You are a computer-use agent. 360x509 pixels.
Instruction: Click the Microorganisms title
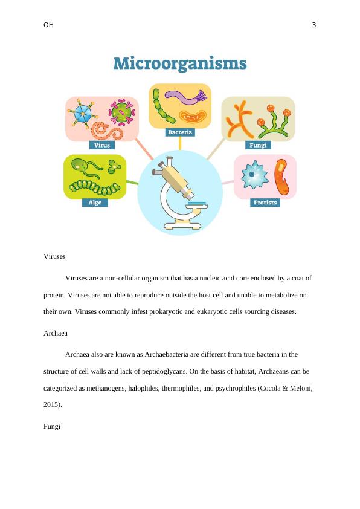(180, 63)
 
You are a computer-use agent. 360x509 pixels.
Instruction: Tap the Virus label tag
(102, 145)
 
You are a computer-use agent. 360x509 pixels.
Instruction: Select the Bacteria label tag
(180, 132)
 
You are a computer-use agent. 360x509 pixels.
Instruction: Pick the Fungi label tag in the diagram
(258, 145)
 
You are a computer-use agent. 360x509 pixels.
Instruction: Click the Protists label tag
(265, 203)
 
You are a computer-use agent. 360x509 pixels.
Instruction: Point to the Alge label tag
(95, 203)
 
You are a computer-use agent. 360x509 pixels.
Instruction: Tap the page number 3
(314, 25)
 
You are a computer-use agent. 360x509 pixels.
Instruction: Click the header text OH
(49, 25)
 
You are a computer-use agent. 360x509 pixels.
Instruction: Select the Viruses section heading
(54, 256)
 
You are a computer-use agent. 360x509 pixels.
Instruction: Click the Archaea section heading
(56, 332)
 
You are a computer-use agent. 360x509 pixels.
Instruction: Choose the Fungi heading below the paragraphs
(52, 426)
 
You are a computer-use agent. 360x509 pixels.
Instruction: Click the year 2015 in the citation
(51, 404)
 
